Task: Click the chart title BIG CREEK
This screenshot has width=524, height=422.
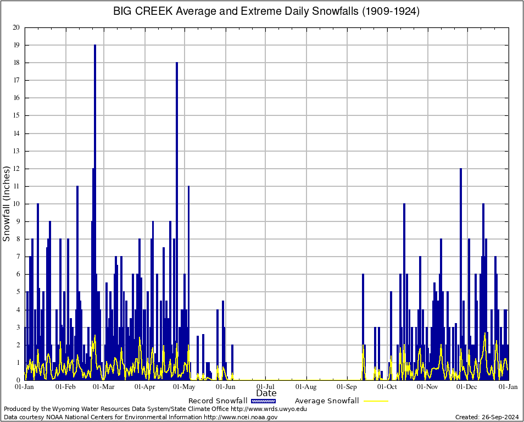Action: [146, 11]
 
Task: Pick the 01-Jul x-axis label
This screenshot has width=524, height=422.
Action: [266, 387]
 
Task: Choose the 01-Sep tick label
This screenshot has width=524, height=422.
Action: [347, 387]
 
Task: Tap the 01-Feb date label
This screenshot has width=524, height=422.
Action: [65, 387]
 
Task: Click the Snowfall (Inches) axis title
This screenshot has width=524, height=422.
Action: [7, 203]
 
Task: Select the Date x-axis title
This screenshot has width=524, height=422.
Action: [266, 393]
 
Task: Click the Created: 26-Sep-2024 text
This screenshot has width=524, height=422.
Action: [487, 417]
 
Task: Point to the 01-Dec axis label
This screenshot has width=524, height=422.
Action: [467, 387]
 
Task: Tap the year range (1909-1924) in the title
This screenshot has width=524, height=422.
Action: [390, 11]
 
